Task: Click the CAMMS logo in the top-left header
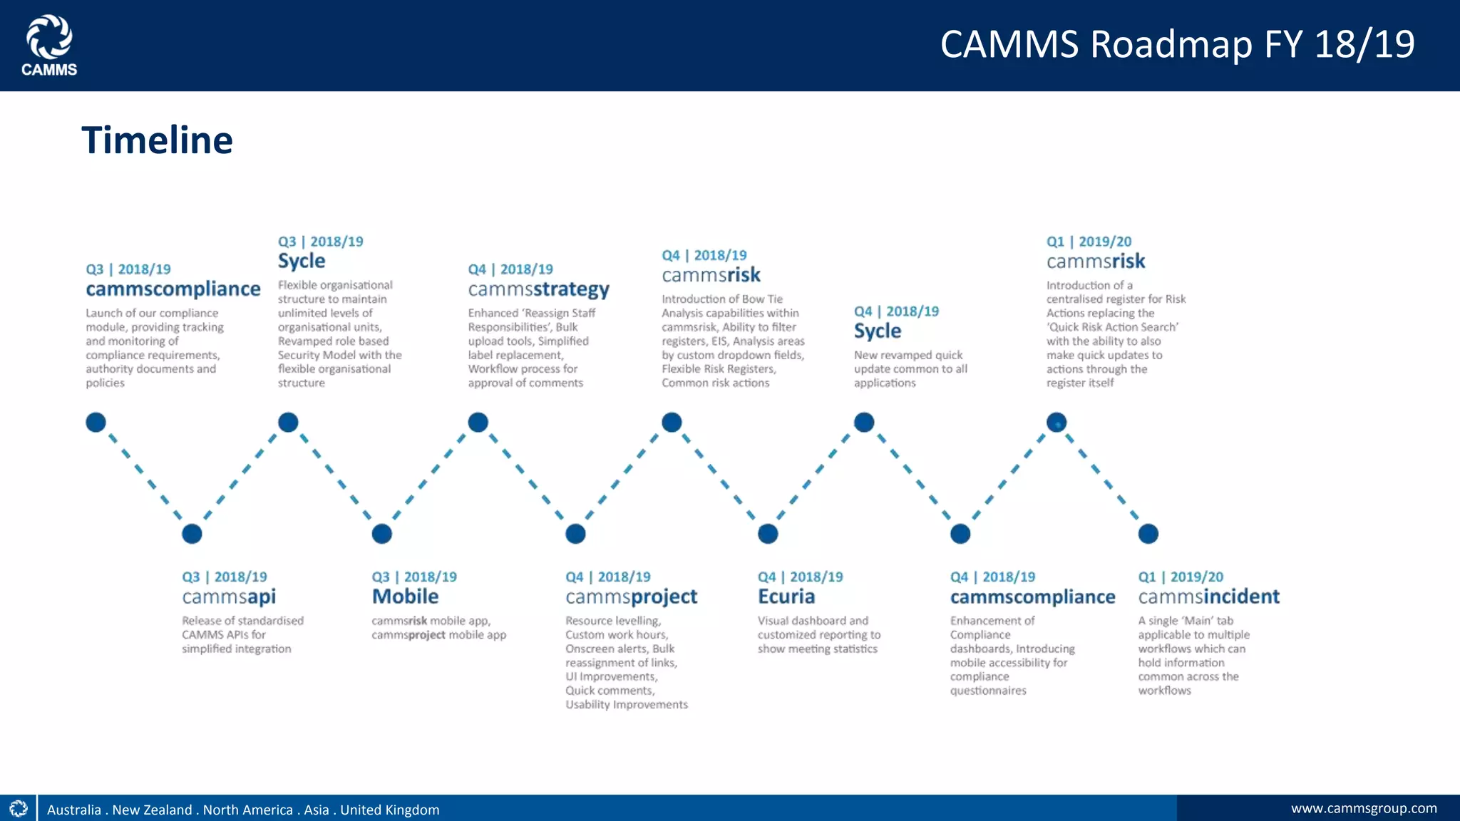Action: coord(49,45)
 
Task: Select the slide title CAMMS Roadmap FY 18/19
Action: coord(1177,44)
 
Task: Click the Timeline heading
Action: coord(157,140)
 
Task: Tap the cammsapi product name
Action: coord(229,597)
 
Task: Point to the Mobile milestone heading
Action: coord(405,597)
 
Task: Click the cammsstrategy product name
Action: coord(538,289)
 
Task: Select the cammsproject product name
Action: coord(631,597)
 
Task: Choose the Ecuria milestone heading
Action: coord(786,597)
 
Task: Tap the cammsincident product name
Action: coord(1208,597)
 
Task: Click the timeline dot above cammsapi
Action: coord(192,534)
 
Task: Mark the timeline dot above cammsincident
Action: coord(1148,534)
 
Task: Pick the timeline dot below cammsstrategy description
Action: coord(478,423)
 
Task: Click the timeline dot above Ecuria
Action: coord(768,534)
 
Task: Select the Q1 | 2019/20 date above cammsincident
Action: coord(1180,577)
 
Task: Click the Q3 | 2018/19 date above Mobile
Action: coord(413,577)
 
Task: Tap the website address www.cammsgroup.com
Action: coord(1363,808)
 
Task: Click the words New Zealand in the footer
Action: coord(152,810)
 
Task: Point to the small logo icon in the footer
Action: coord(19,808)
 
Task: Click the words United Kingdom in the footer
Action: coord(389,810)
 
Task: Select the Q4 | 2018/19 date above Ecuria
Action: coord(800,577)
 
